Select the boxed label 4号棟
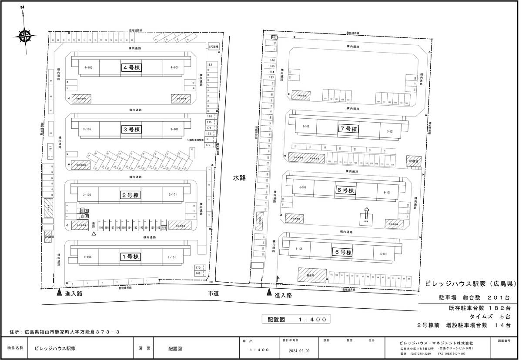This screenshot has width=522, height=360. (131, 68)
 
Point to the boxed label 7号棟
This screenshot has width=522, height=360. (348, 129)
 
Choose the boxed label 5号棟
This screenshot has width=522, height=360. (343, 252)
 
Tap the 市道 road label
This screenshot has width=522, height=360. (213, 294)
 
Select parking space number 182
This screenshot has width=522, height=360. (209, 64)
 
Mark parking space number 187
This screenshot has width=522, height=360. (274, 38)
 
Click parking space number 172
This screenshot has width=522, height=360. (208, 145)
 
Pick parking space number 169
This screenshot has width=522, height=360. (198, 273)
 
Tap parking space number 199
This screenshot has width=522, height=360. (101, 227)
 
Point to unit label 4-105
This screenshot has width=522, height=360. (88, 68)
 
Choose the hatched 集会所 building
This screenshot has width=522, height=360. (311, 275)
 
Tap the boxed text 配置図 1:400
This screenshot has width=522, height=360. (296, 319)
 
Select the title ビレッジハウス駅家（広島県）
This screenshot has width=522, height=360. (470, 284)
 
